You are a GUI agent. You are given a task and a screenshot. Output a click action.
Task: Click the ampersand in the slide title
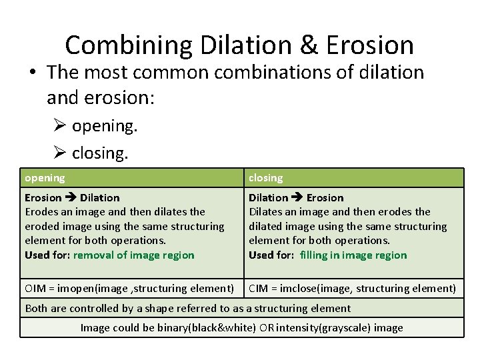(x=309, y=45)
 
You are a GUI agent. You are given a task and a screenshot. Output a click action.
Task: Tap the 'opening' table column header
(x=45, y=178)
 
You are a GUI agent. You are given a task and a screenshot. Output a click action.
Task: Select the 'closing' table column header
(x=265, y=178)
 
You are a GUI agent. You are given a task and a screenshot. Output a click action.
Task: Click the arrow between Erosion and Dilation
(x=71, y=197)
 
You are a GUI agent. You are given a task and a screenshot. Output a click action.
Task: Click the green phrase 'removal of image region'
(x=133, y=255)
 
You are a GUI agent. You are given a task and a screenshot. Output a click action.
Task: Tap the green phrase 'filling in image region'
(x=353, y=255)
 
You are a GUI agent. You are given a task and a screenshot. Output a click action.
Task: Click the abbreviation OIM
(x=34, y=289)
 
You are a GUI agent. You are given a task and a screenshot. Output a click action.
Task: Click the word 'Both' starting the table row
(x=35, y=308)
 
